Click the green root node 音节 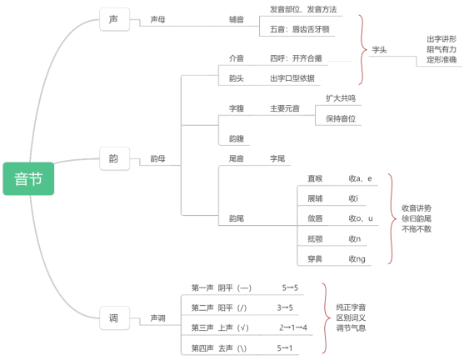point(28,179)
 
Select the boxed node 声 point(114,19)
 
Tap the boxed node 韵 point(114,158)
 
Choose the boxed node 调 point(114,318)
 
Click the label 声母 point(157,20)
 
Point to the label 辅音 point(237,20)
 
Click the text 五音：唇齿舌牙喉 point(299,29)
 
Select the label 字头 point(379,50)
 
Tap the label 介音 point(237,58)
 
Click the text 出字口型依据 point(292,78)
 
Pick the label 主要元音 point(285,108)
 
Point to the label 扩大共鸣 point(341,98)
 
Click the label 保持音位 point(341,118)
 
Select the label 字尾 point(277,158)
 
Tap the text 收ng point(357,259)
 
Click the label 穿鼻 point(315,259)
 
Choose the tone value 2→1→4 point(293,327)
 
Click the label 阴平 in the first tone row point(225,287)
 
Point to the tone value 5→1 point(285,348)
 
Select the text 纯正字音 point(351,307)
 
